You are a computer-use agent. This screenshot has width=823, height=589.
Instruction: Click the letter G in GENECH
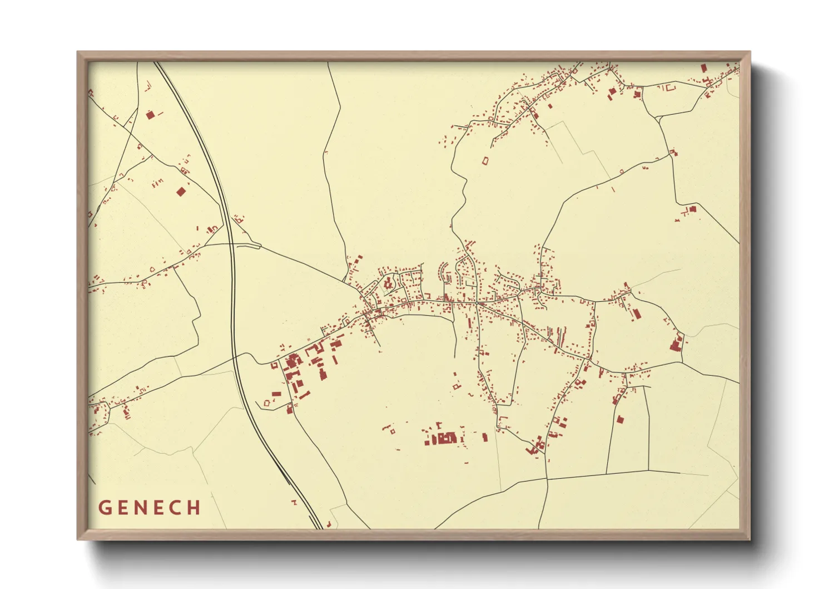coord(105,508)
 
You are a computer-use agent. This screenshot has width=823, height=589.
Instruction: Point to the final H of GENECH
coord(194,508)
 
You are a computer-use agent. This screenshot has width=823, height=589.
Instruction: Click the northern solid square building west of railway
coord(150,115)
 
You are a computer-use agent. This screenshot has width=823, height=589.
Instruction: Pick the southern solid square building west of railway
coord(180,192)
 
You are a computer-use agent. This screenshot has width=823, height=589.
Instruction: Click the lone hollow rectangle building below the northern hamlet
coord(485,161)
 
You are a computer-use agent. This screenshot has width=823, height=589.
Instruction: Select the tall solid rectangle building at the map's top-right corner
coord(703,68)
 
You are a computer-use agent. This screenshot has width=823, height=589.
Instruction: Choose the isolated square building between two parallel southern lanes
coord(620,420)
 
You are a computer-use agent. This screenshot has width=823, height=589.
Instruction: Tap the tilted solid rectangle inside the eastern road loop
coord(636,314)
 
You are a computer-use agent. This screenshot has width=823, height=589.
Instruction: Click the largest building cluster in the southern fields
coord(443,438)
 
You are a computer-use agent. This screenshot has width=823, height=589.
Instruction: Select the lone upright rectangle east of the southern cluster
coord(484,438)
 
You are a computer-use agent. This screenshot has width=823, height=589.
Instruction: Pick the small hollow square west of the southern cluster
coord(392,430)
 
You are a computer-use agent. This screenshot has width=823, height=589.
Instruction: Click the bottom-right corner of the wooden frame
coord(750,539)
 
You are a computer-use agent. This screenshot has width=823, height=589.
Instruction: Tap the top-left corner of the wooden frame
coord(77,52)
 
